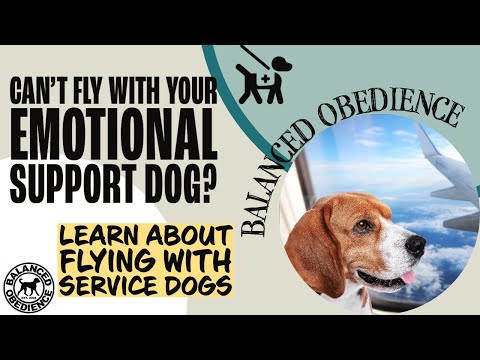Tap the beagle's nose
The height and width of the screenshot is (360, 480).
coord(412,242)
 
